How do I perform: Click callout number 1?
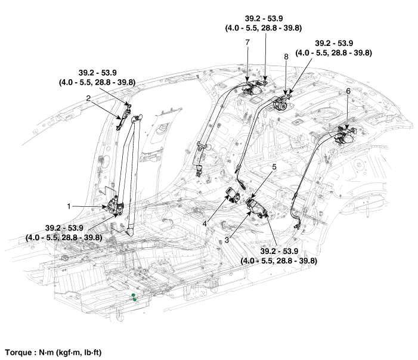[x=69, y=206]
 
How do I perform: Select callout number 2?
[x=88, y=97]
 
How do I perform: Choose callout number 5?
[x=274, y=168]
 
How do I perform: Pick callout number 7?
[x=247, y=42]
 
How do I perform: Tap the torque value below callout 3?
[x=278, y=256]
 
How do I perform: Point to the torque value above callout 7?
[x=265, y=23]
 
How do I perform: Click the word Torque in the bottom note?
[x=18, y=352]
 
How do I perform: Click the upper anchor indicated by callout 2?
[x=126, y=113]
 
